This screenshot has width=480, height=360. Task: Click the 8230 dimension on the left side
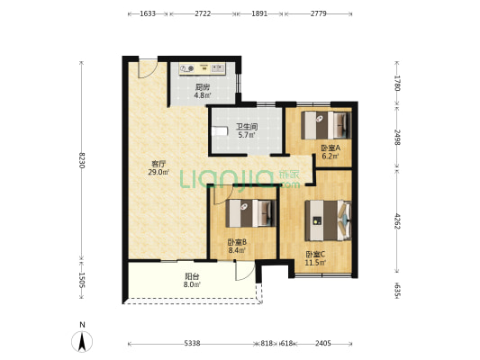pyautogui.click(x=81, y=160)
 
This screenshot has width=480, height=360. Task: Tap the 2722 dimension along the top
pyautogui.click(x=203, y=13)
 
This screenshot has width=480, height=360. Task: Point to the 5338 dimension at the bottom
pyautogui.click(x=192, y=344)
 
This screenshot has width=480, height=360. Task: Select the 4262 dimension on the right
pyautogui.click(x=397, y=220)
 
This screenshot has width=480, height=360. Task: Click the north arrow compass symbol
pyautogui.click(x=82, y=338)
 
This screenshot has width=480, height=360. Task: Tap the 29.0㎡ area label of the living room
pyautogui.click(x=158, y=173)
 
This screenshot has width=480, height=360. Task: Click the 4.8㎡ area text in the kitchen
pyautogui.click(x=203, y=95)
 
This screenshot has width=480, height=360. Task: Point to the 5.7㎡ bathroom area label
pyautogui.click(x=247, y=135)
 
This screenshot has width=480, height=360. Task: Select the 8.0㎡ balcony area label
pyautogui.click(x=192, y=284)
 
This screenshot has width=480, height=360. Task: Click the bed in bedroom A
pyautogui.click(x=326, y=125)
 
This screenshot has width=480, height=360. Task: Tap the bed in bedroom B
pyautogui.click(x=251, y=213)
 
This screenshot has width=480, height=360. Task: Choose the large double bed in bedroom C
pyautogui.click(x=328, y=220)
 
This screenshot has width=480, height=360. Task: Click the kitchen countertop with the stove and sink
pyautogui.click(x=203, y=69)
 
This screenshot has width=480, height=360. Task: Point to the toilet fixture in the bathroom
pyautogui.click(x=221, y=130)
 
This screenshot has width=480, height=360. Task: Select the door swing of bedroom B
pyautogui.click(x=223, y=196)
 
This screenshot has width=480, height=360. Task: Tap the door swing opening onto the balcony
pyautogui.click(x=245, y=271)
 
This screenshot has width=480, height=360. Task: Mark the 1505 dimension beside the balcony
pyautogui.click(x=81, y=280)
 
